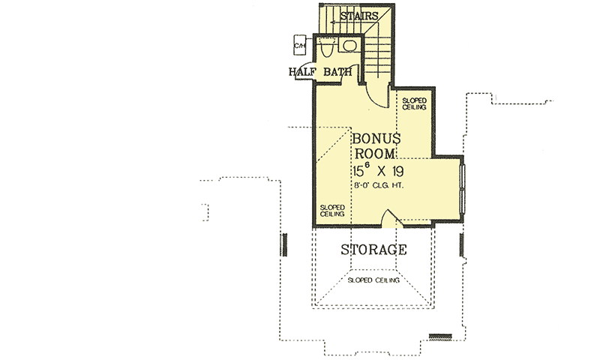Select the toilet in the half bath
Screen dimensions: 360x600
(327, 49)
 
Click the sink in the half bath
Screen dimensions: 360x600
(348, 45)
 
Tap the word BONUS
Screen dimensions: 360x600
(377, 139)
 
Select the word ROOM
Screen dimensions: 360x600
(377, 155)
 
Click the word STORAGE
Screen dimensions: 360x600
(374, 250)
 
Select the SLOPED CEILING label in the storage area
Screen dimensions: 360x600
(373, 281)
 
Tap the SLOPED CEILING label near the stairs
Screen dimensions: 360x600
(414, 103)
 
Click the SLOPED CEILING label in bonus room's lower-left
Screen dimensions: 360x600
(332, 210)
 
